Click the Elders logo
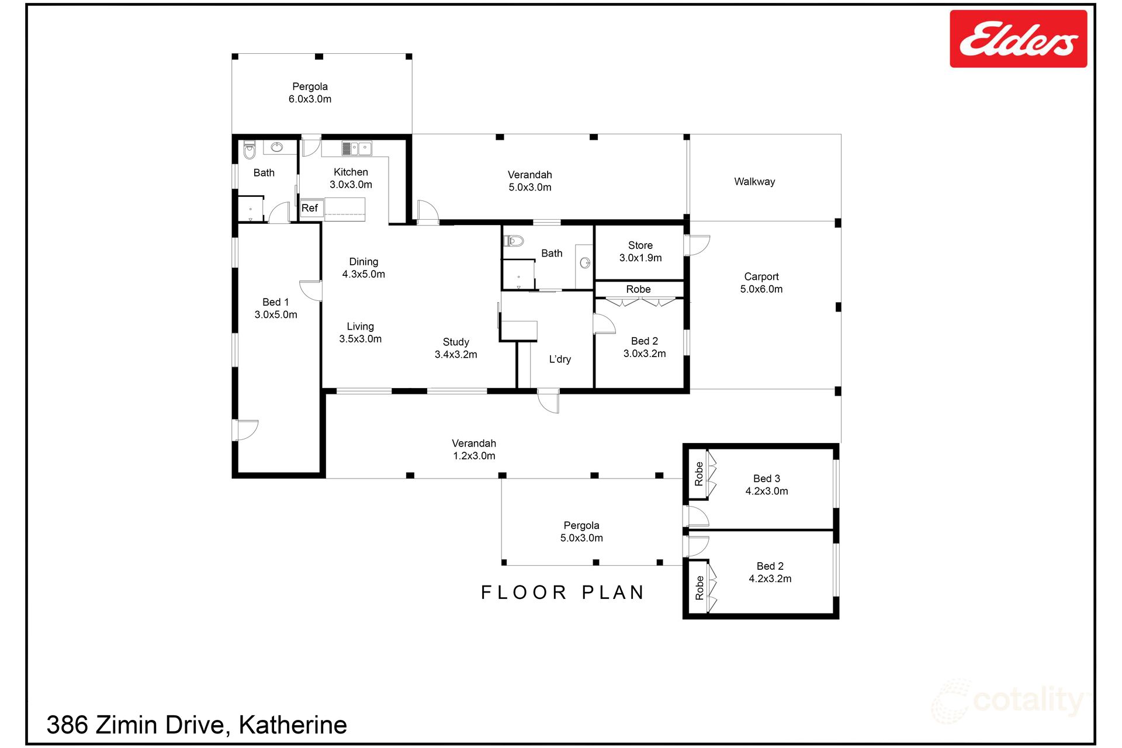[1018, 39]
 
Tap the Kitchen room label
[351, 178]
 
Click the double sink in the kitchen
[356, 148]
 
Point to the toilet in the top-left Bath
[250, 150]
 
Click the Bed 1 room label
[276, 309]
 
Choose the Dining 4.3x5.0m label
[363, 268]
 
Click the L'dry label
[560, 359]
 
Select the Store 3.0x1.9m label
[640, 252]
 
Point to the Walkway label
[754, 182]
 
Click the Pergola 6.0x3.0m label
[310, 93]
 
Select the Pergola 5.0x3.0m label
[581, 532]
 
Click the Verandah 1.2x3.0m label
[474, 450]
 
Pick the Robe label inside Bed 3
[699, 474]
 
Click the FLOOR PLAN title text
[562, 593]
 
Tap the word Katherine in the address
[293, 725]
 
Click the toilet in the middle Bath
[514, 240]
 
